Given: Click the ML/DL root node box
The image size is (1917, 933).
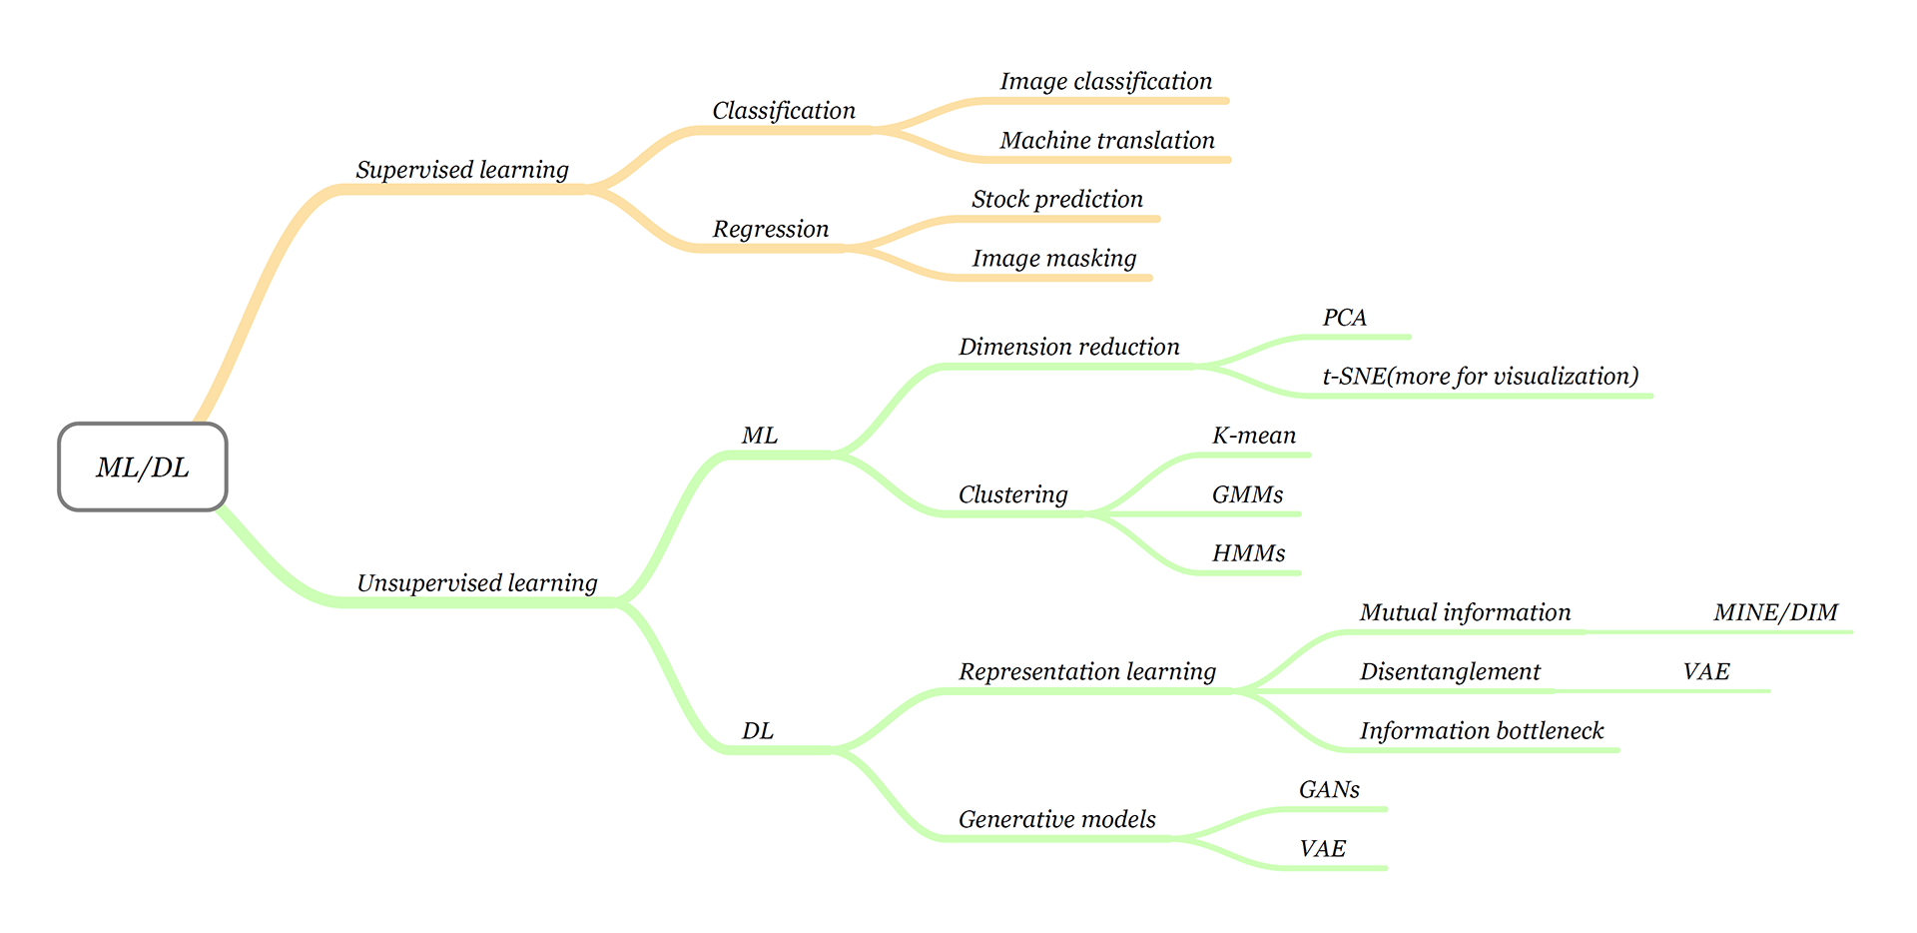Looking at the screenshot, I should tap(143, 467).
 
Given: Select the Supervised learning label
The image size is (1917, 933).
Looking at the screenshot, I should tap(462, 170).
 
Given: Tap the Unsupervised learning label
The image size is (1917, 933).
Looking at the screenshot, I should tap(477, 583).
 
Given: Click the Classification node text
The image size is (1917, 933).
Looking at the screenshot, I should tap(784, 111).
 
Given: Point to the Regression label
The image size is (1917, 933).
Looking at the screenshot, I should tap(771, 229).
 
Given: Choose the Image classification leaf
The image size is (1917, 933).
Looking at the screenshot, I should tap(1106, 82).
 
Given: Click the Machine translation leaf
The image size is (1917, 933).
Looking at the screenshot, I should tap(1107, 141).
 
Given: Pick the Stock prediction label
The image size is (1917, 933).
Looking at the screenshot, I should tap(1057, 200).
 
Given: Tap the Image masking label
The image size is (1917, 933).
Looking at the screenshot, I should tap(1054, 259).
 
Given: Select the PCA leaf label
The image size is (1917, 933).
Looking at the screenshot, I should tap(1344, 318).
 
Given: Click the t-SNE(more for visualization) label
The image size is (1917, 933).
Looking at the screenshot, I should tap(1481, 377).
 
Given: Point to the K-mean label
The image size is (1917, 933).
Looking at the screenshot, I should tap(1254, 436).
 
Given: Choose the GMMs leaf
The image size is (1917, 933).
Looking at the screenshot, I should tap(1247, 494).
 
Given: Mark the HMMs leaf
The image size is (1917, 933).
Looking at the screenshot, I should tap(1248, 553).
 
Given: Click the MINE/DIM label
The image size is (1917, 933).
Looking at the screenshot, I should tap(1775, 612).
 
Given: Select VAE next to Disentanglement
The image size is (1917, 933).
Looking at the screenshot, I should tap(1705, 671).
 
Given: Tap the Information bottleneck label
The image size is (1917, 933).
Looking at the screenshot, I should tap(1482, 731).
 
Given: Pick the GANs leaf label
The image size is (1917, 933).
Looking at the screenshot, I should tap(1329, 790).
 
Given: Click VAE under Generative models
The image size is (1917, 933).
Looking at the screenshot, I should tap(1322, 849).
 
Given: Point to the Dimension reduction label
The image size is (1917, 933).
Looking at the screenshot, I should tap(1068, 347).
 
